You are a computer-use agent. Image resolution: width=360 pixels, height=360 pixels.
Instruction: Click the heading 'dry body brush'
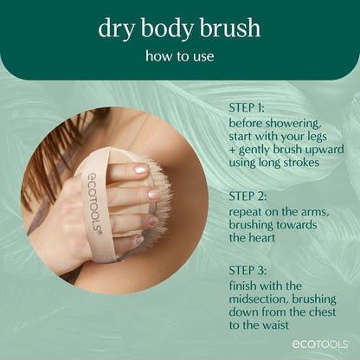(180, 28)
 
